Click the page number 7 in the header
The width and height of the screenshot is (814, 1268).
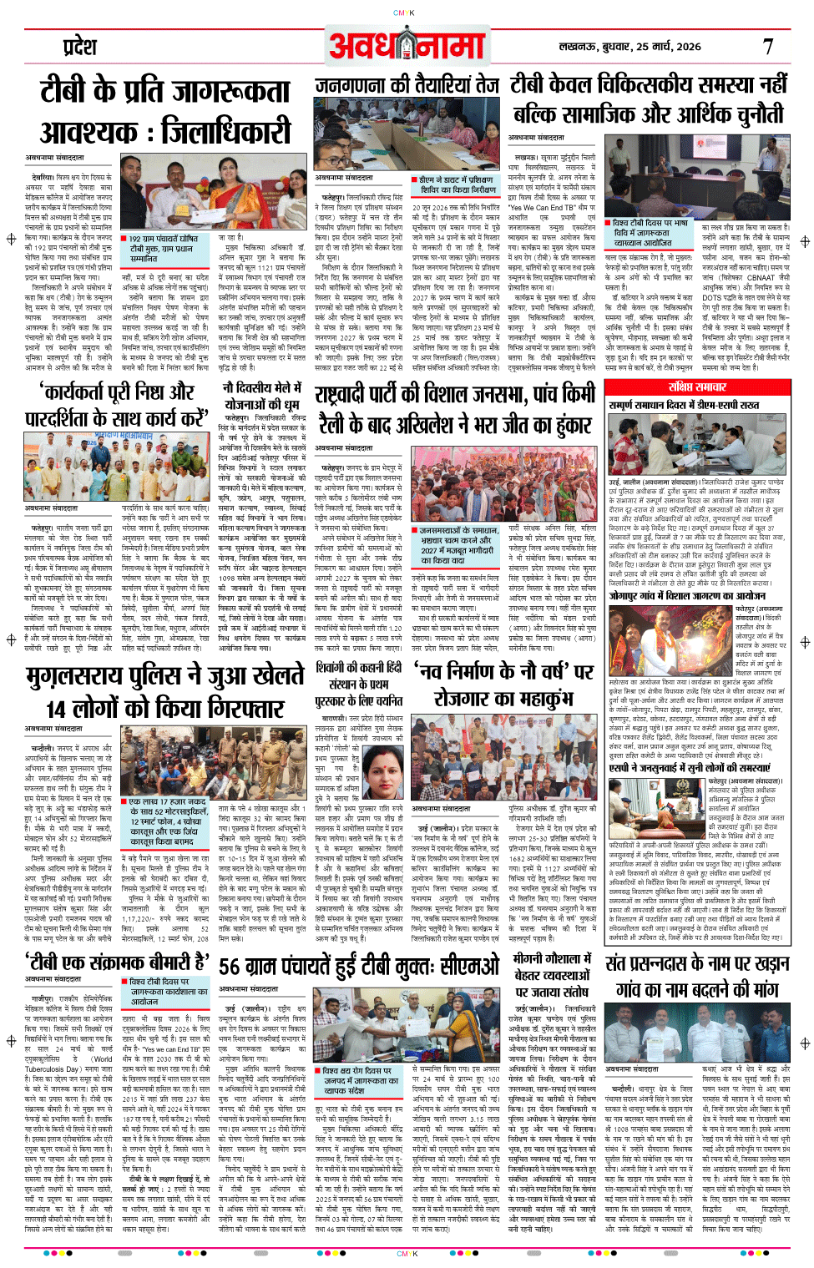768,47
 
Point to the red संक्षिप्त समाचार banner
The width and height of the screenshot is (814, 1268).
697,387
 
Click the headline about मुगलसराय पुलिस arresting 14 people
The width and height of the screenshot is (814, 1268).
164,691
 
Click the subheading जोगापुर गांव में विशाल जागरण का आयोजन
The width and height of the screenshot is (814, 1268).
686,595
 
